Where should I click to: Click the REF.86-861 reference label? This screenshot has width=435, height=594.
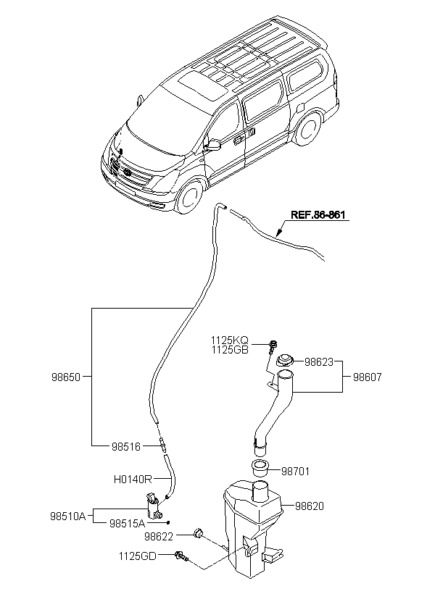[318, 215]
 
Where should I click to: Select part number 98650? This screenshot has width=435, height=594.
[66, 377]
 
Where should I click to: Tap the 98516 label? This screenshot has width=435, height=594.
[126, 447]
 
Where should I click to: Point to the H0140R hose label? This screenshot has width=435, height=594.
[133, 480]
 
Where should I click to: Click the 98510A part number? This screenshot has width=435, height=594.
[68, 516]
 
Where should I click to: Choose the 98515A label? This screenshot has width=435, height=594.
[128, 523]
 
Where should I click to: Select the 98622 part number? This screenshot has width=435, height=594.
[159, 536]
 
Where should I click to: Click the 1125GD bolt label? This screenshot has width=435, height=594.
[137, 556]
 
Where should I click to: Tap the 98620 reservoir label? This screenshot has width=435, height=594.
[310, 506]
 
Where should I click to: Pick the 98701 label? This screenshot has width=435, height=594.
[295, 472]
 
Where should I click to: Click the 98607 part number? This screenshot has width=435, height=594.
[368, 377]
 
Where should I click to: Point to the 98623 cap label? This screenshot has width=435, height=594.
[319, 362]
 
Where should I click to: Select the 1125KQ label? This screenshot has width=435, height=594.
[230, 340]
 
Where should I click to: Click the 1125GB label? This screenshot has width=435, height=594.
[230, 349]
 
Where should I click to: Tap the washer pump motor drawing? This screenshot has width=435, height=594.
[154, 506]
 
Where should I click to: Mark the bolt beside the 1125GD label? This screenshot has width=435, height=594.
[182, 556]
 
